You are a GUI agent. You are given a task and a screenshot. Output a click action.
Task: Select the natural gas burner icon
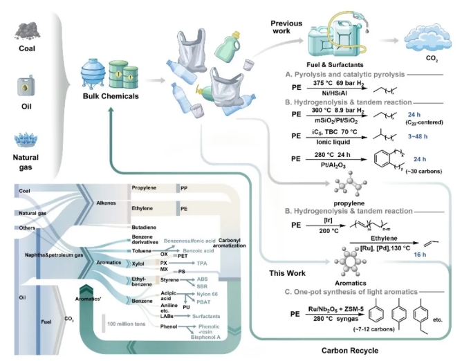tap(28, 143)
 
